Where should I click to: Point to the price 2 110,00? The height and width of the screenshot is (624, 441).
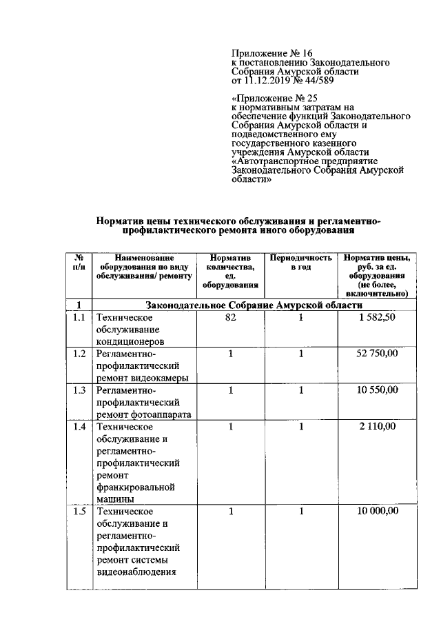point(377,427)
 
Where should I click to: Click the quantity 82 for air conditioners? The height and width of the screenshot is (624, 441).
point(231,317)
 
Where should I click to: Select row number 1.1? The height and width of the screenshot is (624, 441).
point(80,317)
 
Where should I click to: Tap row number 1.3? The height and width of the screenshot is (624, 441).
point(80,390)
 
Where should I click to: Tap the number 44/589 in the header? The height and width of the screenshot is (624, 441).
point(329,80)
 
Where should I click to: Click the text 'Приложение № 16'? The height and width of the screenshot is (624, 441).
point(272,53)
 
